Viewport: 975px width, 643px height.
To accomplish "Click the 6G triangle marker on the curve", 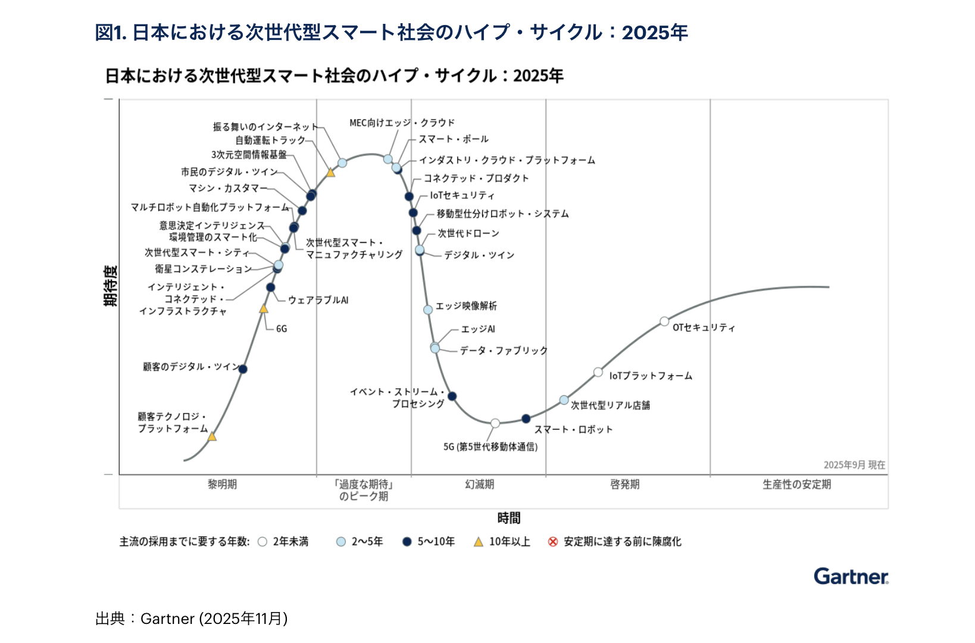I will coord(264,308).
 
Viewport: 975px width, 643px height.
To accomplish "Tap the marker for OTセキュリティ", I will coord(664,321).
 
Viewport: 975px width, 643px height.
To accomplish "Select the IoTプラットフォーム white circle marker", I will coord(598,372).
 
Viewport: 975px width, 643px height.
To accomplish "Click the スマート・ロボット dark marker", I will coord(526,419).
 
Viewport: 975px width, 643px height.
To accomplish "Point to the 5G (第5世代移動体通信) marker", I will coord(495,423).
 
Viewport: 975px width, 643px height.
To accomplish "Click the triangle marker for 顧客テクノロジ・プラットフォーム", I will coord(212,436).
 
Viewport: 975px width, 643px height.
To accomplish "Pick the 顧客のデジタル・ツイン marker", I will coord(243,369).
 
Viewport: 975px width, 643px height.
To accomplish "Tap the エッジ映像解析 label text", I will coord(466,306).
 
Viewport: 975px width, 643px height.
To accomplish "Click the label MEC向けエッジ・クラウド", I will coord(402,123).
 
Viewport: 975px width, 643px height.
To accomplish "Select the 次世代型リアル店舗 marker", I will coord(564,400).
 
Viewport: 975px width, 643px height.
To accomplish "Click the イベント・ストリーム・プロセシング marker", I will coord(452,396).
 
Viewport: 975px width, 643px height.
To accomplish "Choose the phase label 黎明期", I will coord(222,484).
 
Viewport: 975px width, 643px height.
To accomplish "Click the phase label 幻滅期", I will coord(479,484).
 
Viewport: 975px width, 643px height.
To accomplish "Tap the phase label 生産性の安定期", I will coord(796,484).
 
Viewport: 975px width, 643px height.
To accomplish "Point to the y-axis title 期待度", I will coord(111,286).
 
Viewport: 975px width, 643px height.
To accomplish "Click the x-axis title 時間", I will coord(509,518).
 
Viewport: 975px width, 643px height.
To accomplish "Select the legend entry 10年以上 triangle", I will coord(479,542).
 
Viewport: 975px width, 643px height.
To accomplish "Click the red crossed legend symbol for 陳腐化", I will coord(553,542).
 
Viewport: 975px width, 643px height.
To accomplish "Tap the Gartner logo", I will coord(851,576).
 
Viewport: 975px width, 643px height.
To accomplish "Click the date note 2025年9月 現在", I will coord(854,465).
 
